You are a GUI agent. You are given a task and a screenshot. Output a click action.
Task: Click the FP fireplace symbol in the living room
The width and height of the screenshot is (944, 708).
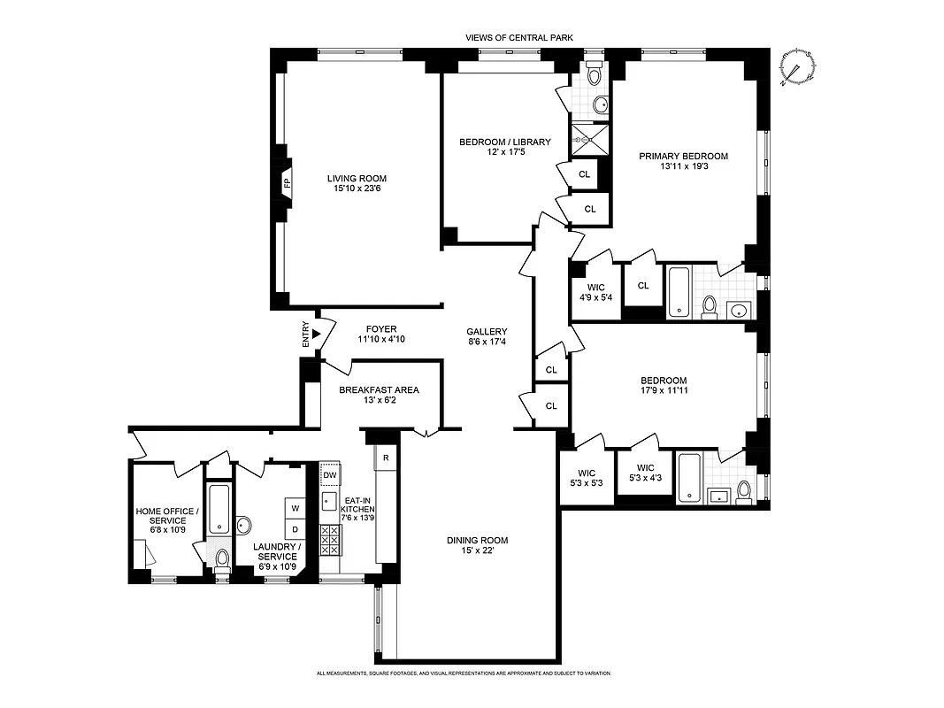tap(287, 184)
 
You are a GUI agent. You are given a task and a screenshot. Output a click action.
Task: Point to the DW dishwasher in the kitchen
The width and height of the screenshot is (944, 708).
tap(330, 475)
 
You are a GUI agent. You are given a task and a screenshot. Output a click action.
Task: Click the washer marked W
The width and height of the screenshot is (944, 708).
tap(295, 508)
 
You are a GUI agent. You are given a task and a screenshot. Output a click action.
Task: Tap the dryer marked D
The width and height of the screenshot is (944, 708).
tap(295, 530)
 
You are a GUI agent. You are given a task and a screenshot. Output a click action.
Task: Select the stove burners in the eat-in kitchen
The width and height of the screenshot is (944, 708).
tap(330, 539)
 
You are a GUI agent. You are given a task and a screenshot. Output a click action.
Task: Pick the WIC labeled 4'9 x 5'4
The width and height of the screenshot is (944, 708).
tap(595, 291)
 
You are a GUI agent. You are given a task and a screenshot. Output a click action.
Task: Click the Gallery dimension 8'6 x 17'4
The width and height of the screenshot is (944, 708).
tap(487, 342)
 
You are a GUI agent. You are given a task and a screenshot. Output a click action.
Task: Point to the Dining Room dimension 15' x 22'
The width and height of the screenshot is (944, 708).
tap(476, 550)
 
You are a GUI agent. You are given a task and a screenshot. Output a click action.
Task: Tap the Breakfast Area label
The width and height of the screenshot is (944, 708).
tap(379, 389)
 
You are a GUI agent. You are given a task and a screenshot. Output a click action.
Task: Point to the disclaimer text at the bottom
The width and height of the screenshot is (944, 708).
tap(464, 673)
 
